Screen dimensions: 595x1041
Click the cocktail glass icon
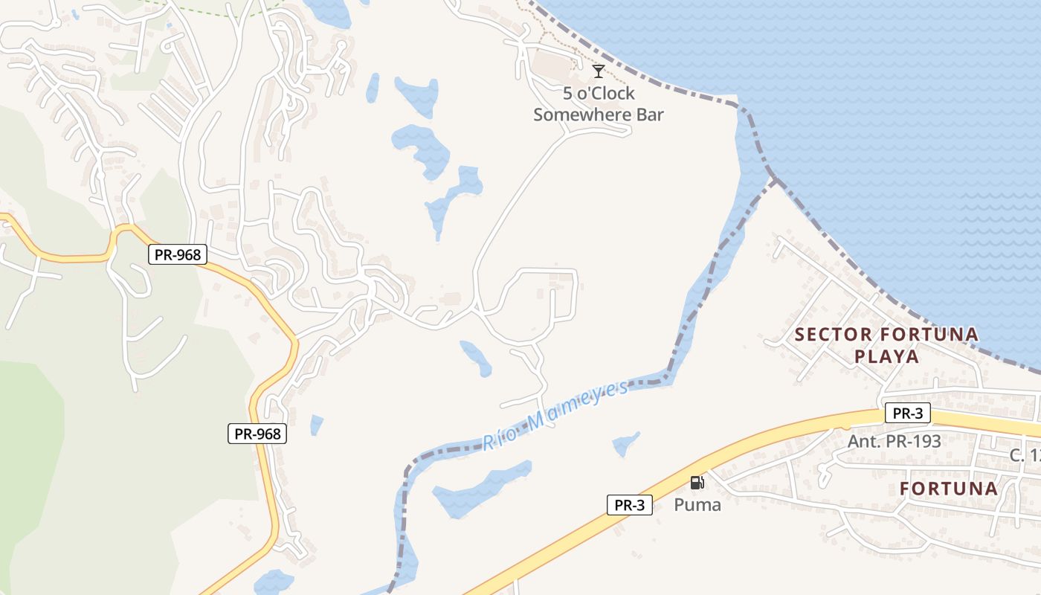598,71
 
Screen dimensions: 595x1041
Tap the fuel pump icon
697,483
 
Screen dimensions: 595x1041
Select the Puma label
697,505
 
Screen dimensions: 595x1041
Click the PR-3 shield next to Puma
629,505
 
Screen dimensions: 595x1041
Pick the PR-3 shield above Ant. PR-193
907,413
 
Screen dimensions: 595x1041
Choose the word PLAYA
886,356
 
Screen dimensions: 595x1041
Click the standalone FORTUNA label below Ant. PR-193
949,489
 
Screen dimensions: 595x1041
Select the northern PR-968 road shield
177,254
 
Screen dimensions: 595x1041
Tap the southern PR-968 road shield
257,434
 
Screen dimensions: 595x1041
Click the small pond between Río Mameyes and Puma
625,444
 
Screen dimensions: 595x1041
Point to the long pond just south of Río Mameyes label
480,489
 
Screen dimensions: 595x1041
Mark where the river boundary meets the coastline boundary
774,179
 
